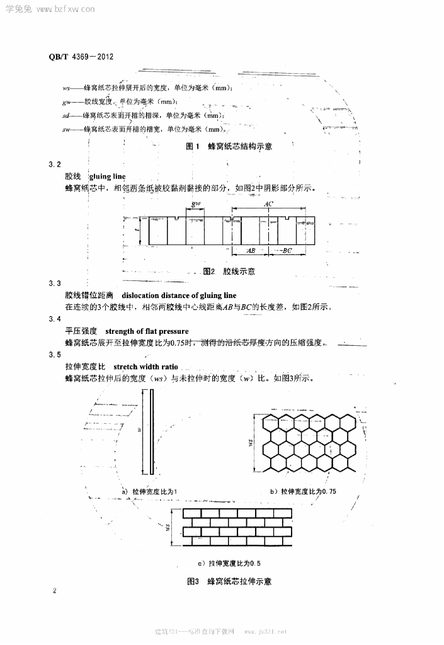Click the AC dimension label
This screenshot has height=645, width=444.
coord(268,205)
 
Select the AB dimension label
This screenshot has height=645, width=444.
coord(250,251)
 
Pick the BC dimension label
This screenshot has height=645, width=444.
coord(287,251)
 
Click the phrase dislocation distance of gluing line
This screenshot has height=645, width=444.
coord(179,295)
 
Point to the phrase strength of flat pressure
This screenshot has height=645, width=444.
coord(147,331)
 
